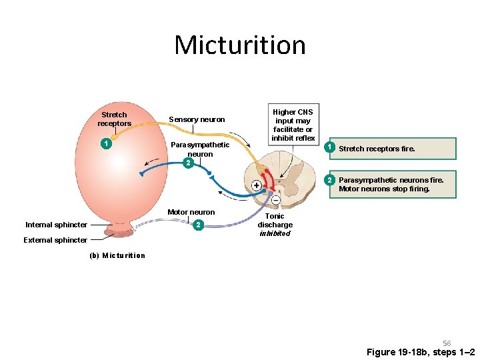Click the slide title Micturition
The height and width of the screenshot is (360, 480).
coord(240,45)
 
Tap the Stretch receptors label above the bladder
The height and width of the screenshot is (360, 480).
coord(114,119)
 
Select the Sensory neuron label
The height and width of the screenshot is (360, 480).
coord(197,119)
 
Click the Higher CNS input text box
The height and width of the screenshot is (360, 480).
coord(293,125)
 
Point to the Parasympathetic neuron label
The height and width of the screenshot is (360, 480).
coord(200,149)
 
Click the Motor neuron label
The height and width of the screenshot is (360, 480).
coord(191,212)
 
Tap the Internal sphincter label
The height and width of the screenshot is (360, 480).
coord(56,225)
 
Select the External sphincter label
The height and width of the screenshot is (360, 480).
coord(56,240)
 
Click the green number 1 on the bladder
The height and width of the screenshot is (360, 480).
coord(105,143)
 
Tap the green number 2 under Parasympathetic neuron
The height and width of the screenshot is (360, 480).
coord(189,163)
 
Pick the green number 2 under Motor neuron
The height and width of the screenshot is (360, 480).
coord(197,225)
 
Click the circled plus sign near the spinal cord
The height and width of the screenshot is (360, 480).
coord(256,185)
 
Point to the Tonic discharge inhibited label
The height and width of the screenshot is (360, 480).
coord(275,225)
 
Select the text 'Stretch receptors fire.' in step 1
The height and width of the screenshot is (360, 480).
coord(377,149)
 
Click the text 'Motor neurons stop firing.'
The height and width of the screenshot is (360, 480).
coord(384,189)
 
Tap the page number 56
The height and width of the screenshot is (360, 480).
coord(447,343)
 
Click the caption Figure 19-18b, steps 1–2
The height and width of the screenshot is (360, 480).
coord(421,352)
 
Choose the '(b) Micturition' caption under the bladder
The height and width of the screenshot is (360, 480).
coord(117,255)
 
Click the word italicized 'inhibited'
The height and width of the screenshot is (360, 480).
coord(275,233)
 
